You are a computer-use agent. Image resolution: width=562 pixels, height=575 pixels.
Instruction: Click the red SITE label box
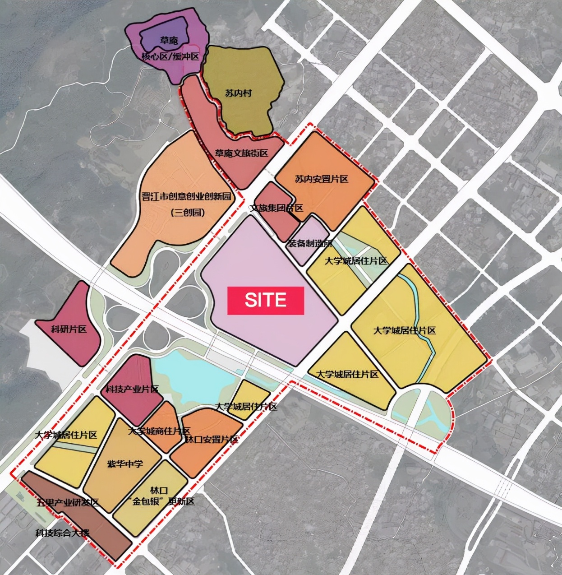266,300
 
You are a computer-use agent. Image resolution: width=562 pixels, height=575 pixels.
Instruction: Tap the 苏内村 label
238,93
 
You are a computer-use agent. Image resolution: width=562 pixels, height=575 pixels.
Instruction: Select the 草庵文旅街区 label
241,153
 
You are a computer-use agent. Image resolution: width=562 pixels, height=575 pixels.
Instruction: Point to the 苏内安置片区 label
322,179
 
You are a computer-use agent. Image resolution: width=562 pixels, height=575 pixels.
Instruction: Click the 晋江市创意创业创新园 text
186,197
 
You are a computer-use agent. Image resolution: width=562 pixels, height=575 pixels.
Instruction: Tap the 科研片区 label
69,329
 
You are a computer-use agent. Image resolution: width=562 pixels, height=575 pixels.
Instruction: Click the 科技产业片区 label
132,389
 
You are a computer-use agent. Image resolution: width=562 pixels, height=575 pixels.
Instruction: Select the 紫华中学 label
125,464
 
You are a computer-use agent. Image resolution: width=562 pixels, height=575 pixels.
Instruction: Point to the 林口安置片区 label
212,439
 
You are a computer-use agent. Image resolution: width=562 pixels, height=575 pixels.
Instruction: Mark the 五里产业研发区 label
68,502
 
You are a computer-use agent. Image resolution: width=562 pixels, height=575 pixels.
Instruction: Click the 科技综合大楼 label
62,533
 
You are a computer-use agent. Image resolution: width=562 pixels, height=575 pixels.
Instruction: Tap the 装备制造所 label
309,243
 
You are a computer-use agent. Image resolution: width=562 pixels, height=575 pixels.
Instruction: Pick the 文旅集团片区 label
277,208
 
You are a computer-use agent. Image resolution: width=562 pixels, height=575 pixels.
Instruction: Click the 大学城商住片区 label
159,431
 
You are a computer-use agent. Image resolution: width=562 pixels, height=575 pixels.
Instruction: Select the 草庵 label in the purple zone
169,41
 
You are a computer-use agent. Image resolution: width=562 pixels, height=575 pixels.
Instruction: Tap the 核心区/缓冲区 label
170,56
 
